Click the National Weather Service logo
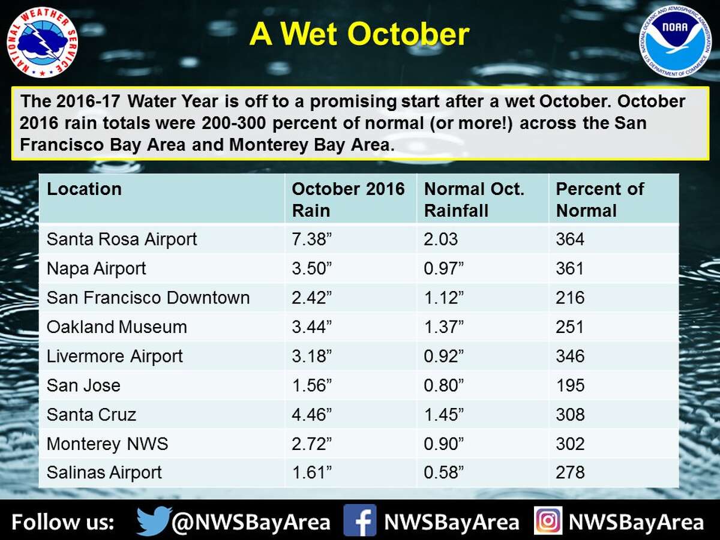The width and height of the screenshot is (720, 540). (x=43, y=41)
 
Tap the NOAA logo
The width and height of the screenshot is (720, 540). (x=675, y=41)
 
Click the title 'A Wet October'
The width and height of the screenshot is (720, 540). (x=359, y=34)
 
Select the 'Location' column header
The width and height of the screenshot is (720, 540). (x=85, y=190)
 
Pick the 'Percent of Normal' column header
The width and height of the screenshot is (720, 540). (x=599, y=200)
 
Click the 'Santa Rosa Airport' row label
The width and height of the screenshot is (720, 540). (x=122, y=239)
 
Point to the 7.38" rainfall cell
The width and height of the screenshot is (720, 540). (x=312, y=239)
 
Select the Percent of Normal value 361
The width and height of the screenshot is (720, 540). (x=570, y=268)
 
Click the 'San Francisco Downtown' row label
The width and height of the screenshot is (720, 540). (x=148, y=298)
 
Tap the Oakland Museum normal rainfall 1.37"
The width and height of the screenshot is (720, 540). (x=444, y=327)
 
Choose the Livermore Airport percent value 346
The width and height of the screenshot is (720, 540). (x=570, y=356)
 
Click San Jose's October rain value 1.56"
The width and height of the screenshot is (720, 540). (x=312, y=385)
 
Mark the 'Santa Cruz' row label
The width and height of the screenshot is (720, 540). (x=91, y=415)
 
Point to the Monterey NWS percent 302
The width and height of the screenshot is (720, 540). (x=570, y=444)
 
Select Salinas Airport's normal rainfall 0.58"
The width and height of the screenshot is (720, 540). (x=444, y=473)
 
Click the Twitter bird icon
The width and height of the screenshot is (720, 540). (x=153, y=521)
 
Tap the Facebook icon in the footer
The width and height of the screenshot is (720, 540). (x=360, y=520)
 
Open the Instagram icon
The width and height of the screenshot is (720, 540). (x=548, y=520)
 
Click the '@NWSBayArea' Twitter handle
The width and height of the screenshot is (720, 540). (x=251, y=522)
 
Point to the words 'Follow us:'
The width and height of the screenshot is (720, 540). (x=62, y=522)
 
